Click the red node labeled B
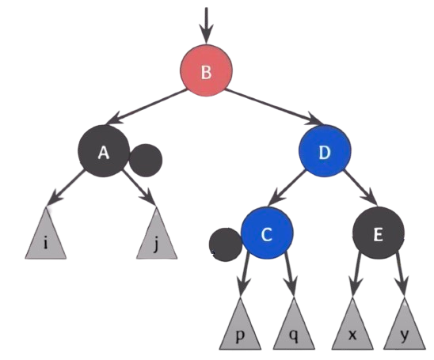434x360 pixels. point(206,70)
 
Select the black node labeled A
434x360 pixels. point(104,151)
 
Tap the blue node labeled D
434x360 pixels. point(325,151)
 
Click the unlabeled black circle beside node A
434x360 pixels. point(146,160)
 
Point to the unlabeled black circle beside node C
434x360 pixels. point(226,244)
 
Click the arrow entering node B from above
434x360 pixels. point(206,25)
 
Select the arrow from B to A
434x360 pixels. point(146,107)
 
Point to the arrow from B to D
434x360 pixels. point(273,107)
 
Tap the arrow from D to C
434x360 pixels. point(287,188)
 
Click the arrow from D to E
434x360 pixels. point(360,188)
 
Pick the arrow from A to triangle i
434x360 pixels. point(67,188)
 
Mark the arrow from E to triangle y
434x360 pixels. point(402,275)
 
